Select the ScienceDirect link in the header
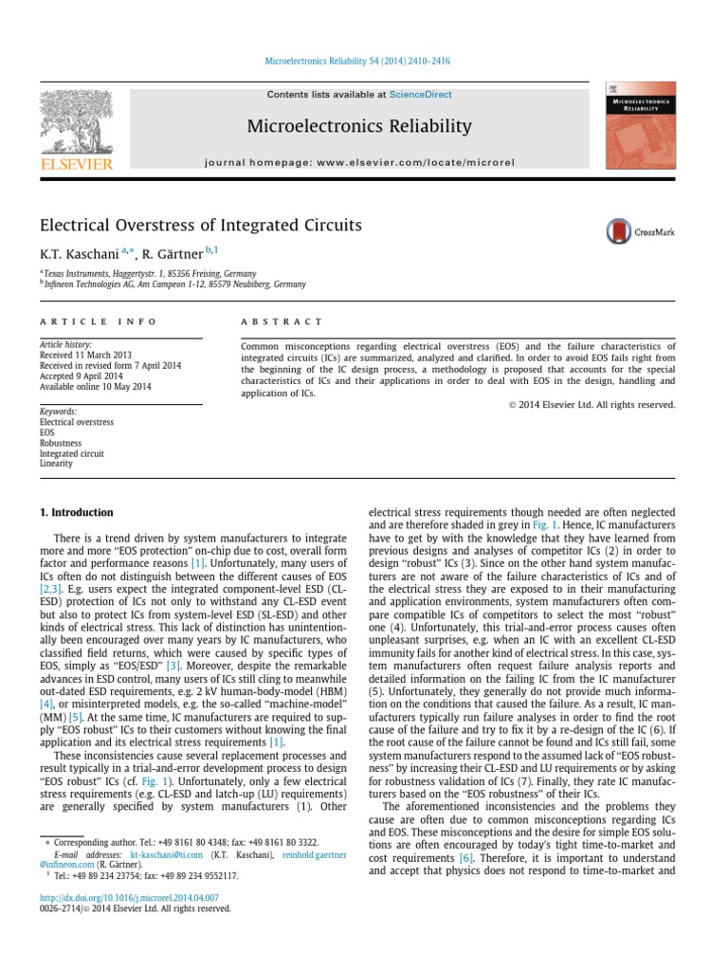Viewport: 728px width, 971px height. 420,95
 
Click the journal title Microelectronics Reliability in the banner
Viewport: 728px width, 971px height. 359,126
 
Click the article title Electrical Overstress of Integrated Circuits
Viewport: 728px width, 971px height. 200,226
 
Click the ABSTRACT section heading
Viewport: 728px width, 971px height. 282,322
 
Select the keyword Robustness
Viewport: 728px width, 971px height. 61,443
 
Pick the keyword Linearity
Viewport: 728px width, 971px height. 56,464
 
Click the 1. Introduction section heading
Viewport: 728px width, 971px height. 76,512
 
